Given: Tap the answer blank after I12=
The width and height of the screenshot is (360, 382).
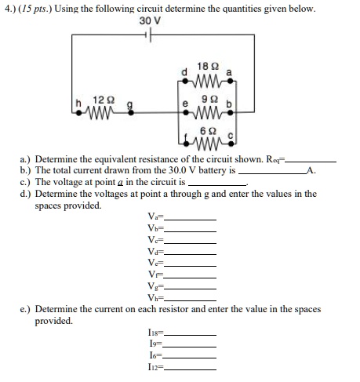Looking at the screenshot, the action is coord(189,369).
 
